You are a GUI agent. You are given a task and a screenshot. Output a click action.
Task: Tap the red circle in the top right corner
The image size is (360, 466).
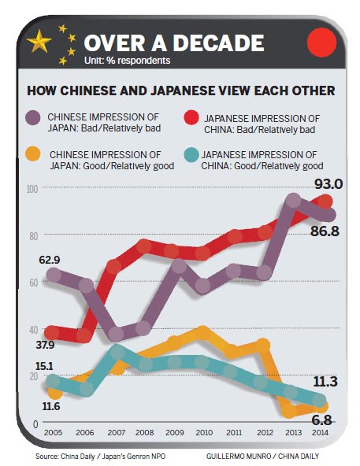point(320,41)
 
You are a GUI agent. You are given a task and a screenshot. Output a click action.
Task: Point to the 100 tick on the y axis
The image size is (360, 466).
point(31,188)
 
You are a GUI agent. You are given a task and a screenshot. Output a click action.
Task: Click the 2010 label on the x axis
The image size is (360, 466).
point(202,433)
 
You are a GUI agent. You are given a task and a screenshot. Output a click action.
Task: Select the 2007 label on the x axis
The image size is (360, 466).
point(116,433)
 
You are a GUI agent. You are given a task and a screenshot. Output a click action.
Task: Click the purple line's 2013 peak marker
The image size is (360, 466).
point(293,201)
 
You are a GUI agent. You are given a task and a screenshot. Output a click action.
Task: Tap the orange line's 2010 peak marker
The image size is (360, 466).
point(202,334)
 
